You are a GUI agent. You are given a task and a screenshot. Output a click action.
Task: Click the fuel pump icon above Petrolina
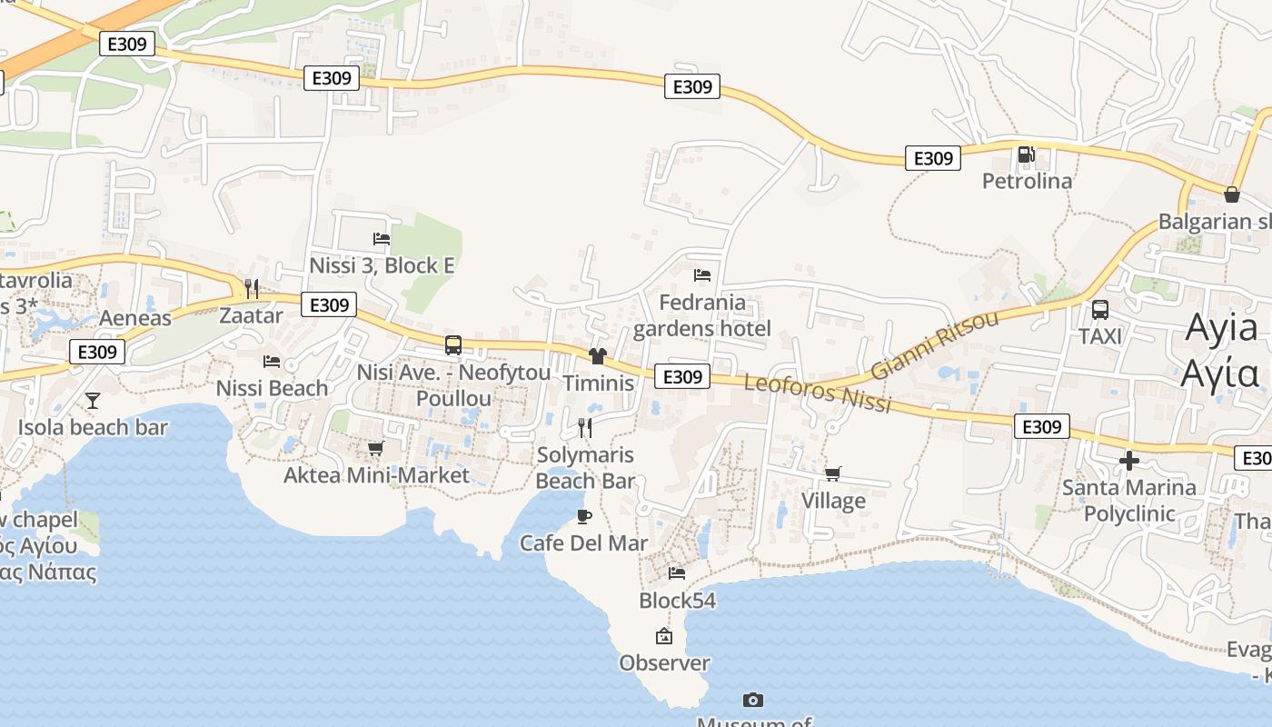tap(1026, 154)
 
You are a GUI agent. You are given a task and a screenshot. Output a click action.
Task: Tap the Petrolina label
tap(1027, 181)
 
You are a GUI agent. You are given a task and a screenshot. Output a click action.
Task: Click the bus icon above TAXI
tap(1099, 310)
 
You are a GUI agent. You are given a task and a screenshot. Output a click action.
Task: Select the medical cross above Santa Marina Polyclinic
tap(1129, 461)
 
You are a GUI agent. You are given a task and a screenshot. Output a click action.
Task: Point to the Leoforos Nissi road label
tap(817, 393)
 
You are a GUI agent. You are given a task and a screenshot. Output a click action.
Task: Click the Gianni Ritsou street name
tap(935, 345)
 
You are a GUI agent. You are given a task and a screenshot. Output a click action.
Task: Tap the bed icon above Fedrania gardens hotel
tap(701, 275)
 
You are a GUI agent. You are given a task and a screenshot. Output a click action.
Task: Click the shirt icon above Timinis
tap(597, 356)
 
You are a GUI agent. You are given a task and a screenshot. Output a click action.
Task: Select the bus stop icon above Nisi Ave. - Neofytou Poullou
tap(453, 345)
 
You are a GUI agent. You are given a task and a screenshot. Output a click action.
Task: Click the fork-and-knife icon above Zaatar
tap(252, 289)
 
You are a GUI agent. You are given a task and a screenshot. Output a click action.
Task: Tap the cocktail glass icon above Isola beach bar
tap(92, 400)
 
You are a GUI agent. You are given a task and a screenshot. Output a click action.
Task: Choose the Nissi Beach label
tap(272, 388)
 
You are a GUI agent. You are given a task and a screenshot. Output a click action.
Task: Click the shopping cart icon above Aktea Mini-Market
tap(375, 448)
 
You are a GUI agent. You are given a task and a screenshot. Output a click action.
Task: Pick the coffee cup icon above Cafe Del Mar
tap(584, 517)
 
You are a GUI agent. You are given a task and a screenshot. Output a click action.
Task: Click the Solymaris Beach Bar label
tap(584, 468)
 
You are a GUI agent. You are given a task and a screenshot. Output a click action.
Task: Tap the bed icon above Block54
tap(677, 573)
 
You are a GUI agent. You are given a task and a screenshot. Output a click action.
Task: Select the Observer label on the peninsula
tap(664, 662)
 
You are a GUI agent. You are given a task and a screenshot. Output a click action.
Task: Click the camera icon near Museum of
tap(752, 700)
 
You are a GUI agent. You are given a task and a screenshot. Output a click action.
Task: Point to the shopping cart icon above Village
tap(832, 473)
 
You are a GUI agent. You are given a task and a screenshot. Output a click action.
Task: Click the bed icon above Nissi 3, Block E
tap(382, 239)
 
